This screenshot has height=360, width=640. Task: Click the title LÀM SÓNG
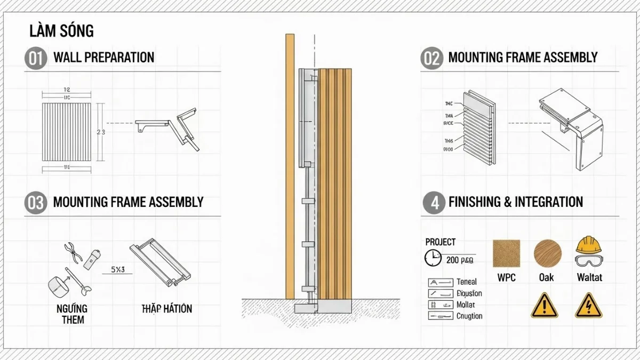pyautogui.click(x=61, y=31)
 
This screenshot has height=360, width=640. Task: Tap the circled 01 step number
pyautogui.click(x=35, y=58)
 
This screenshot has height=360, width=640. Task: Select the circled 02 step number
pyautogui.click(x=431, y=58)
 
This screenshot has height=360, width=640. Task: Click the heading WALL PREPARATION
pyautogui.click(x=103, y=58)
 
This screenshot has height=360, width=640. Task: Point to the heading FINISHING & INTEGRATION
pyautogui.click(x=516, y=202)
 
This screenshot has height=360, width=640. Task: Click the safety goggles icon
pyautogui.click(x=589, y=261)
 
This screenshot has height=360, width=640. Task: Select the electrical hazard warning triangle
pyautogui.click(x=588, y=306)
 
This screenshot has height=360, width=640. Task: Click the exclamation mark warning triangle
pyautogui.click(x=544, y=306)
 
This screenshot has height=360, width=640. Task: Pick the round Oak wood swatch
pyautogui.click(x=548, y=253)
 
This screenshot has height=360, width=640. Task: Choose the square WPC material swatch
pyautogui.click(x=506, y=253)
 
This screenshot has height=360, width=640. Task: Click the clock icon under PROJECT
pyautogui.click(x=433, y=259)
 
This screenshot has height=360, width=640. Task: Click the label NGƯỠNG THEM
pyautogui.click(x=73, y=314)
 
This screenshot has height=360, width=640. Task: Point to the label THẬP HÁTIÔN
pyautogui.click(x=166, y=309)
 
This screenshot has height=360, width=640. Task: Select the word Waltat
pyautogui.click(x=589, y=277)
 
